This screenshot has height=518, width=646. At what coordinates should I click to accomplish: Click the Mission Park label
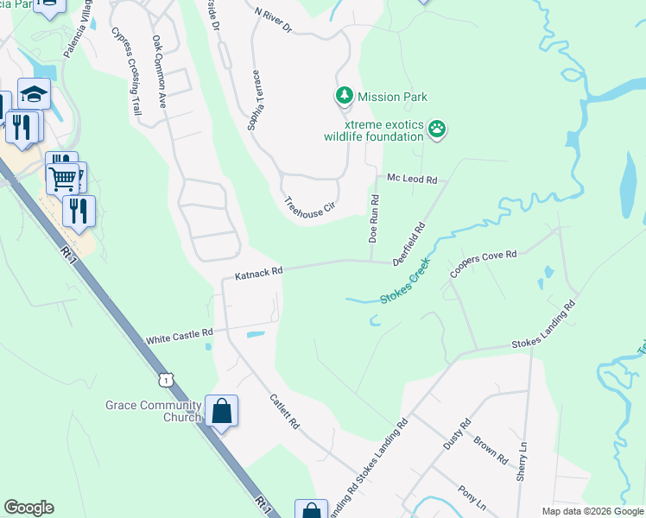[x=393, y=98]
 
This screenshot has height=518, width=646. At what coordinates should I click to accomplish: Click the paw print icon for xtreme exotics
[x=438, y=129]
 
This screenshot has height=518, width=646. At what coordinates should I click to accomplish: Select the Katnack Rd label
[x=259, y=272]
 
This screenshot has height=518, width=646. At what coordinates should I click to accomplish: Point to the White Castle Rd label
[x=180, y=334]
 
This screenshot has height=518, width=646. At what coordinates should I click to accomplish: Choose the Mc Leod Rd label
[x=412, y=179]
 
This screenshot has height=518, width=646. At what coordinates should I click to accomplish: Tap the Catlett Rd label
[x=284, y=413]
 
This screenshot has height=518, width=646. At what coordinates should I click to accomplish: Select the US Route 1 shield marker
[x=166, y=379]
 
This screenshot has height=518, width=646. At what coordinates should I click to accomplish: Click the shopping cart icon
[x=63, y=179]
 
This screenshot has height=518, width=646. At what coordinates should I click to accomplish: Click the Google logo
[x=28, y=508]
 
